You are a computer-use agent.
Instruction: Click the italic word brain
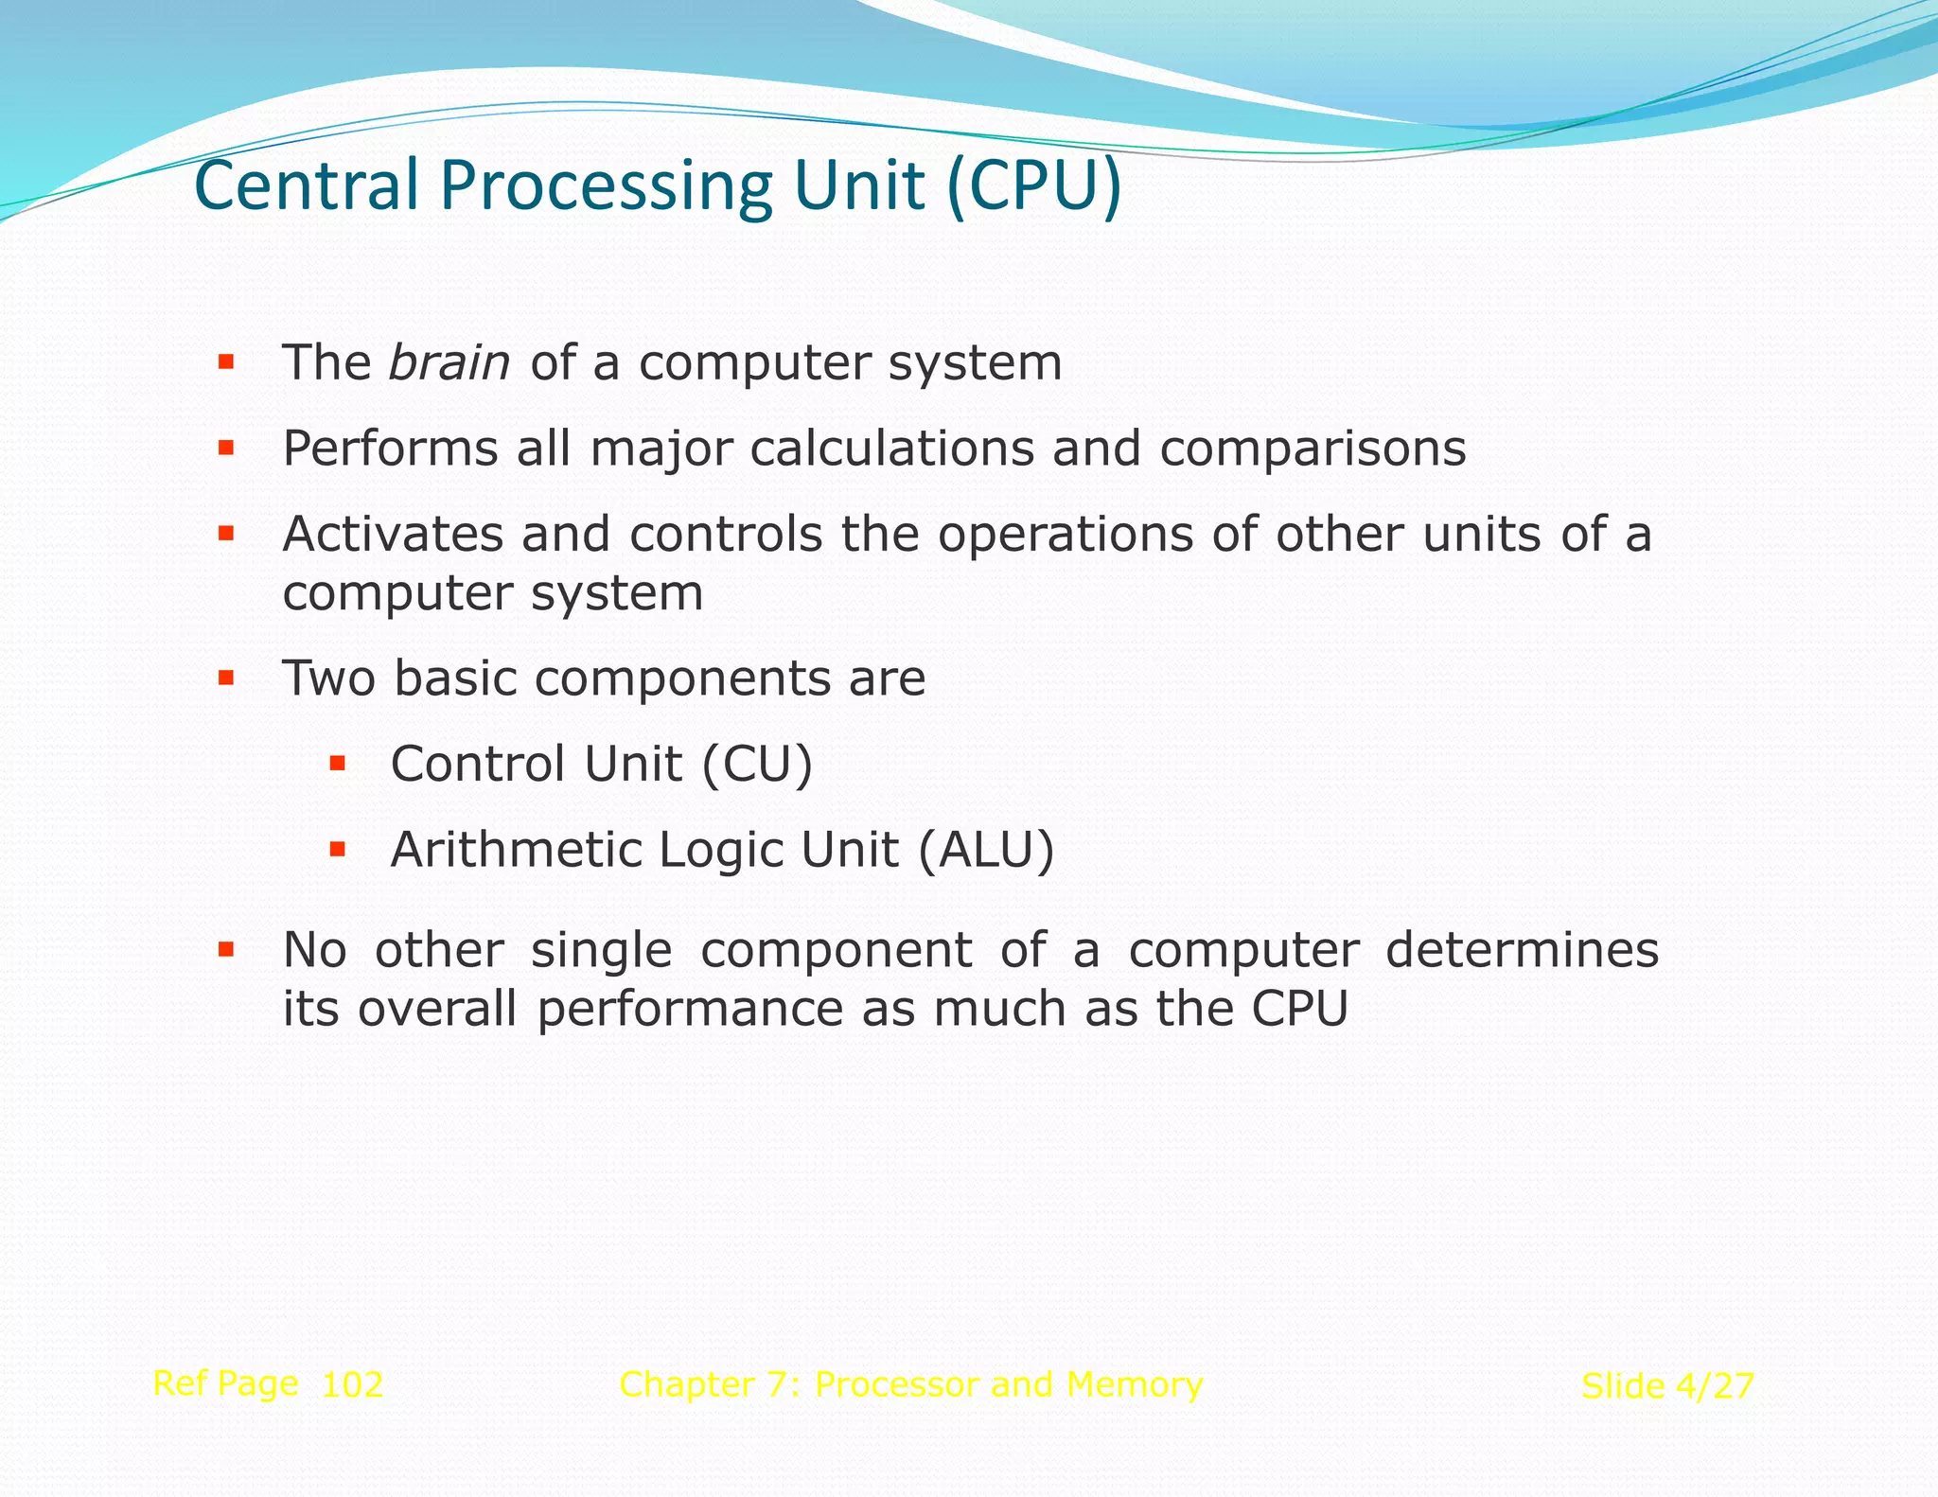point(449,363)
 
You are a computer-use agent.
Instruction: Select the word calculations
point(891,449)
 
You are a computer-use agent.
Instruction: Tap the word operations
point(1066,536)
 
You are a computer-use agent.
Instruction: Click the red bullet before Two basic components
point(225,678)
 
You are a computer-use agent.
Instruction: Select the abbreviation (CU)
point(757,765)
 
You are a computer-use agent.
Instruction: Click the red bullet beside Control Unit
point(337,763)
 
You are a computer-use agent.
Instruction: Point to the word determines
point(1522,950)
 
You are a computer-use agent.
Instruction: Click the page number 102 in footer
point(352,1385)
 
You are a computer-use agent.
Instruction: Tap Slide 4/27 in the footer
point(1667,1387)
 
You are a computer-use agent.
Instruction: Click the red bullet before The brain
point(225,361)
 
